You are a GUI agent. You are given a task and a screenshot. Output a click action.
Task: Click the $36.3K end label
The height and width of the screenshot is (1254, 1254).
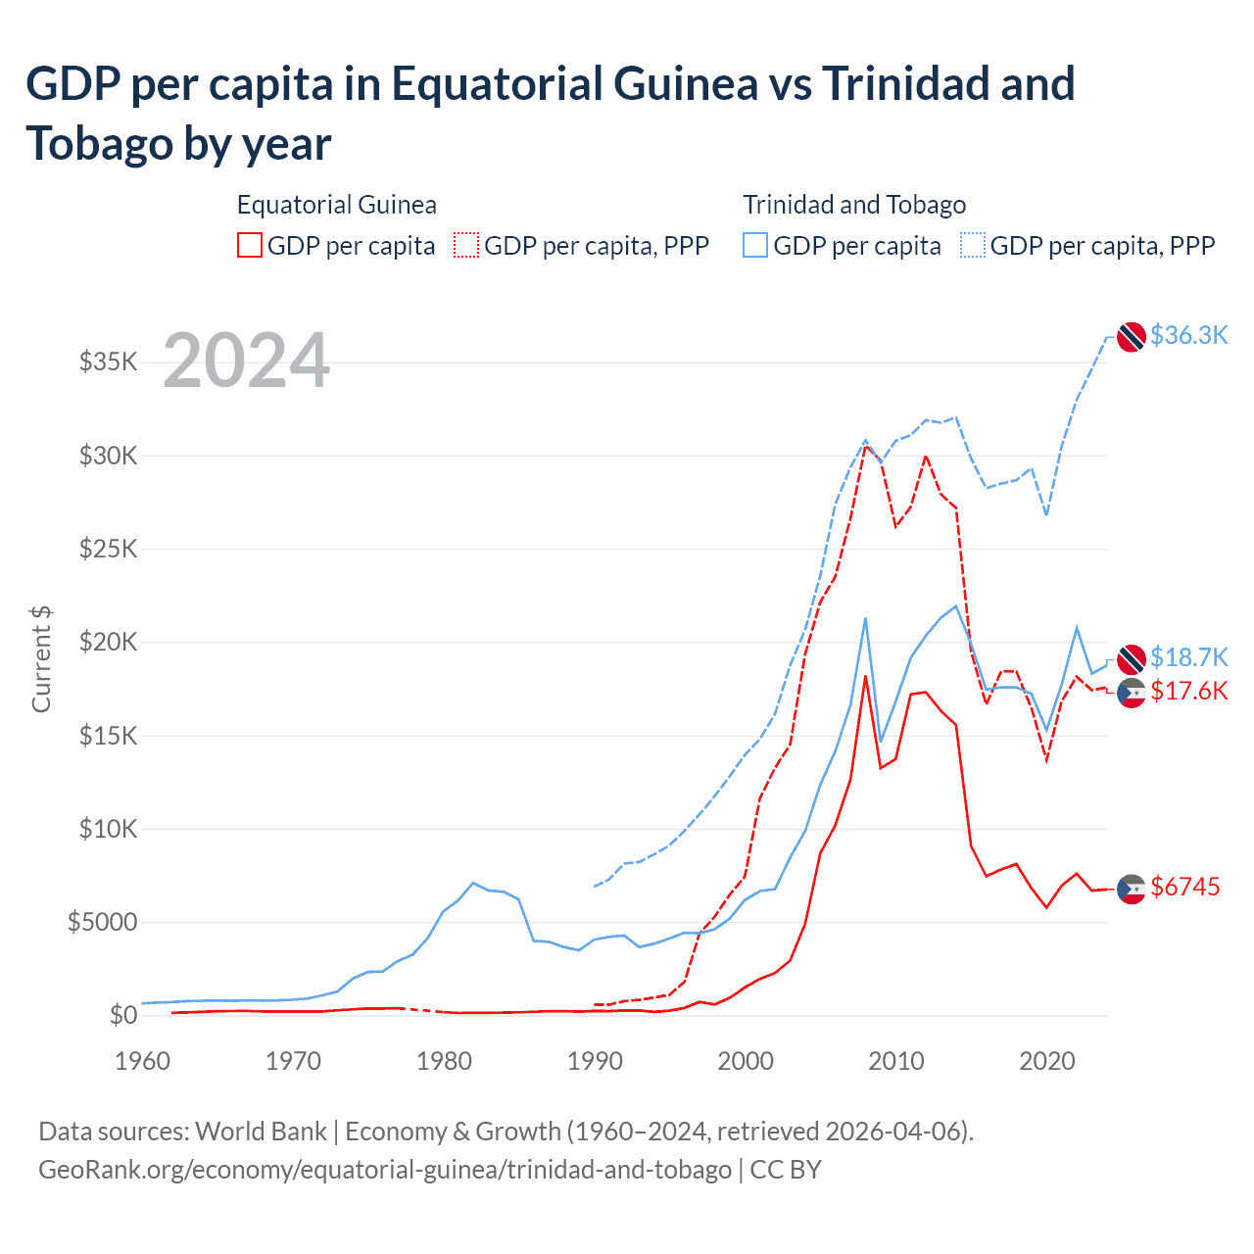(x=1188, y=335)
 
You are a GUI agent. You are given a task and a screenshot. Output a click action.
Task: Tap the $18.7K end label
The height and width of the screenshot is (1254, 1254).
(x=1188, y=656)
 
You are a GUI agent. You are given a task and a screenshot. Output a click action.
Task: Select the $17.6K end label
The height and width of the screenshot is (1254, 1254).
(x=1188, y=691)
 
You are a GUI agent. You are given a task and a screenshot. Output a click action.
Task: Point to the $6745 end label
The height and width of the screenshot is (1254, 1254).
(x=1184, y=887)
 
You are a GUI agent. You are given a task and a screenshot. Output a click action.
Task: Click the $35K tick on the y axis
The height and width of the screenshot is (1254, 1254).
(x=108, y=362)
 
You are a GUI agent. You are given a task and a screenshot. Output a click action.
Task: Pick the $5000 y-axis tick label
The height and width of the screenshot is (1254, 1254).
(x=102, y=922)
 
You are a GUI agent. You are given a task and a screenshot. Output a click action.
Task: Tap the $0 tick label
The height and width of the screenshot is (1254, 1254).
(x=122, y=1015)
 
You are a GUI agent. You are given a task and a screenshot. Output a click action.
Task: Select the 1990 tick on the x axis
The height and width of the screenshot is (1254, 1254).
(x=595, y=1061)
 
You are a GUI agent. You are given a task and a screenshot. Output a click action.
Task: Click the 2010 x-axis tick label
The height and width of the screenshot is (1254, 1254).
(x=896, y=1061)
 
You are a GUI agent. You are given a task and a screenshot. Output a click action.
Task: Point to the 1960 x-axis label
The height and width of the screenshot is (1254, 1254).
(x=143, y=1061)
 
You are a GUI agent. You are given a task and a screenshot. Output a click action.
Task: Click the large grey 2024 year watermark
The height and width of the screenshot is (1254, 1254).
(x=246, y=362)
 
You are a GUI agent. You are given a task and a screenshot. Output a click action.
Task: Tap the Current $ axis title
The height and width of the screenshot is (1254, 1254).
(x=41, y=658)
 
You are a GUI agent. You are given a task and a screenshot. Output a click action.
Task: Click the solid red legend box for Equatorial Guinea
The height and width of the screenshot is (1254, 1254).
(x=250, y=245)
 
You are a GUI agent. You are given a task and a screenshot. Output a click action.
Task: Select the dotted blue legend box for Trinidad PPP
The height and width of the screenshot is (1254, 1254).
(x=973, y=245)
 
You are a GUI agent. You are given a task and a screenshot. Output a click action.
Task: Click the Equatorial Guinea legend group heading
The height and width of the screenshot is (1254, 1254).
(x=336, y=205)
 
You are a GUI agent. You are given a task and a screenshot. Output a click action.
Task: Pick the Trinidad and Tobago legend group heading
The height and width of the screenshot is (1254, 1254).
(x=853, y=205)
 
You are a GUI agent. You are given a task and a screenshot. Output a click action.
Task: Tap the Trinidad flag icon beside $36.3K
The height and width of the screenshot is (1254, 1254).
(x=1132, y=336)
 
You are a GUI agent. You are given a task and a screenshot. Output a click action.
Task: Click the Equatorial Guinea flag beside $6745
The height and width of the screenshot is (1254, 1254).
(x=1132, y=888)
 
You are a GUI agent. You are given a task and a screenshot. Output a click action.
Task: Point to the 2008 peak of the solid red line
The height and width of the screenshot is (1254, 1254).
(x=865, y=676)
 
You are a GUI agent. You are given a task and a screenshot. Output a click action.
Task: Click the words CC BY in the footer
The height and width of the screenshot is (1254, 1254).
(x=786, y=1170)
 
